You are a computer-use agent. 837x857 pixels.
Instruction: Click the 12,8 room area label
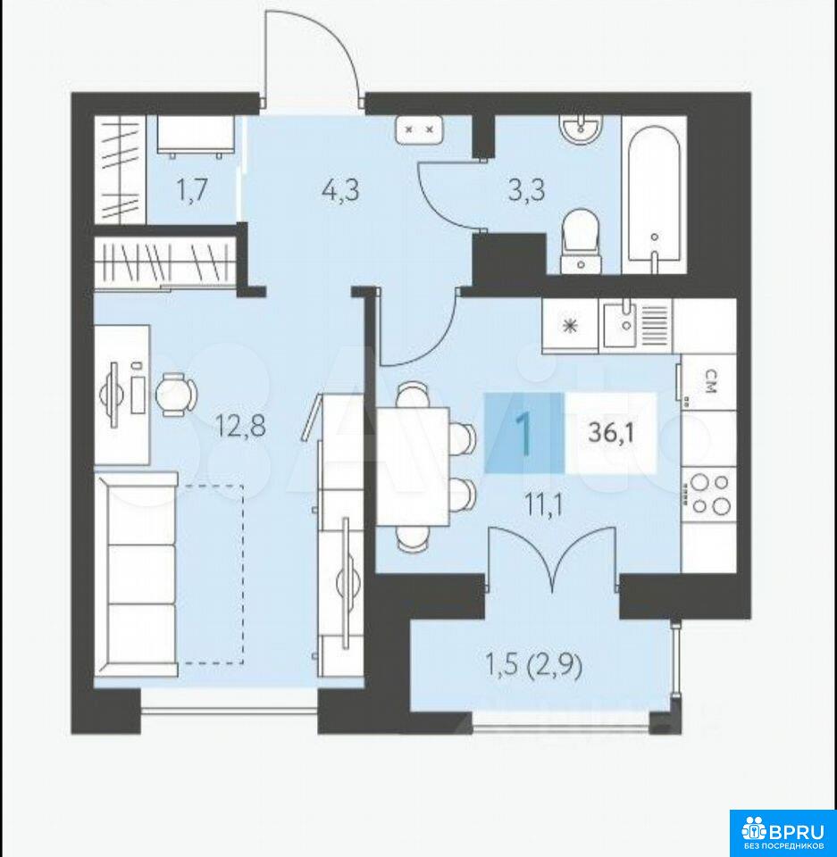click(x=241, y=426)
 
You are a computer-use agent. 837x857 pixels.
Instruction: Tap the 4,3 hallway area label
click(x=340, y=191)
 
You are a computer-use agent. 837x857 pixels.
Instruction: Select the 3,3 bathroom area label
click(x=526, y=191)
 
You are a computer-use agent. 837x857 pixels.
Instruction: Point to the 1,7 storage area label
click(x=191, y=191)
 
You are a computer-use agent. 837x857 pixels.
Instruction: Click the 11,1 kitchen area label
click(x=543, y=505)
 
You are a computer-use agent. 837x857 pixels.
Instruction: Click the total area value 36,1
click(x=611, y=434)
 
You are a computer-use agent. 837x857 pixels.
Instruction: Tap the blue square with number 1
click(x=524, y=433)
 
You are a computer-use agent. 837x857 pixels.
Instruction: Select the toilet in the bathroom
click(x=581, y=240)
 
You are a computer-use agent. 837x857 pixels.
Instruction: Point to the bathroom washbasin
click(x=581, y=129)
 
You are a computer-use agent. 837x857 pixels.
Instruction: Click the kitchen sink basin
click(x=620, y=326)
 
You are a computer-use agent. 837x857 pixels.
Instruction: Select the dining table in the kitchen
click(x=413, y=467)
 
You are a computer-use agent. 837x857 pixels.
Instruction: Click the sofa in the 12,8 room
click(x=137, y=575)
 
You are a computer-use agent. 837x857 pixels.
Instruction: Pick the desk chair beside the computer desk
click(x=176, y=394)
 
